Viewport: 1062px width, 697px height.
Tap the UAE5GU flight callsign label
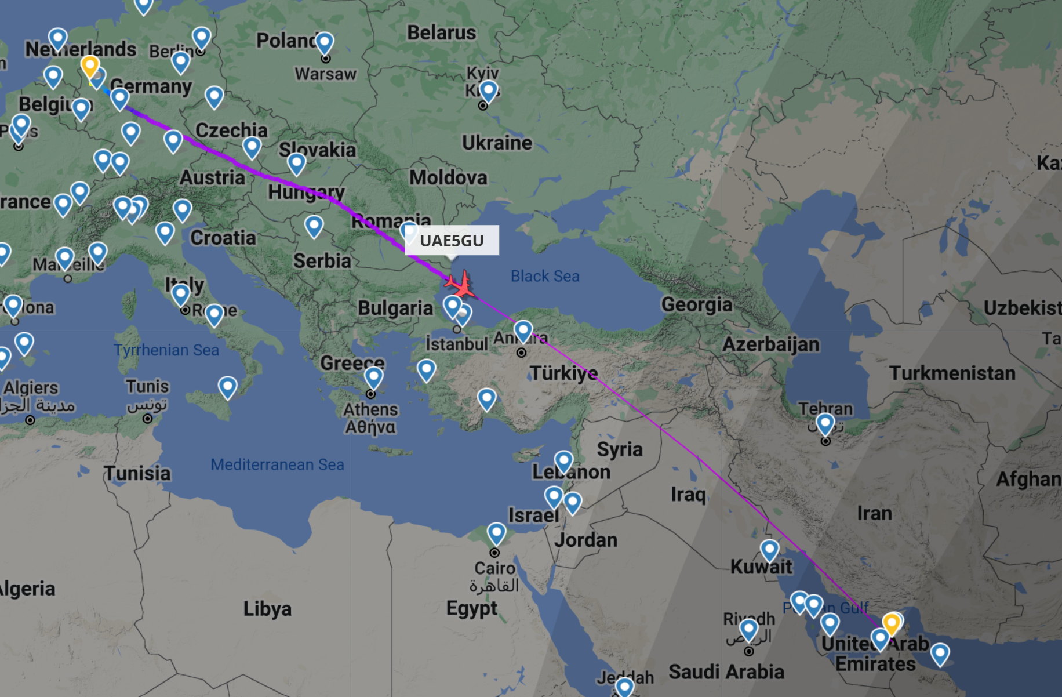[x=452, y=241]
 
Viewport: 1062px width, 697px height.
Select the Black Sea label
[x=545, y=276]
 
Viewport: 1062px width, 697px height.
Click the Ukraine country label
[x=497, y=143]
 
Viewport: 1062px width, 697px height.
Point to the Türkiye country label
[x=563, y=373]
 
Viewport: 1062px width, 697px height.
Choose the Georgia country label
[x=697, y=304]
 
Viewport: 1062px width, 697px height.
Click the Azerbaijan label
[x=770, y=344]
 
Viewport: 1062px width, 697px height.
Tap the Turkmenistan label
[x=952, y=373]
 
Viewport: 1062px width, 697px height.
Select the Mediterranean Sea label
[x=277, y=464]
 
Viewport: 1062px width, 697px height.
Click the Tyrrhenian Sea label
[x=166, y=350]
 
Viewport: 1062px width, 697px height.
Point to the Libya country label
[x=267, y=609]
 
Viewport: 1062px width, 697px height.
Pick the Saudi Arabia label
[x=726, y=672]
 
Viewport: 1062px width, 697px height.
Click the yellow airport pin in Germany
[x=90, y=66]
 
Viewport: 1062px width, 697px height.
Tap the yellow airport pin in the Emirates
[x=892, y=623]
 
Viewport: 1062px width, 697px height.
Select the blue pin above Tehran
[x=825, y=423]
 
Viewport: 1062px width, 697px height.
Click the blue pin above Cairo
[x=496, y=532]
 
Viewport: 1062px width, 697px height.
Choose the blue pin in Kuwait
[x=769, y=549]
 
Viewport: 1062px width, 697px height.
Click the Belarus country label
[x=441, y=33]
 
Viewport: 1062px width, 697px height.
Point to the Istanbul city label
[x=457, y=344]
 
